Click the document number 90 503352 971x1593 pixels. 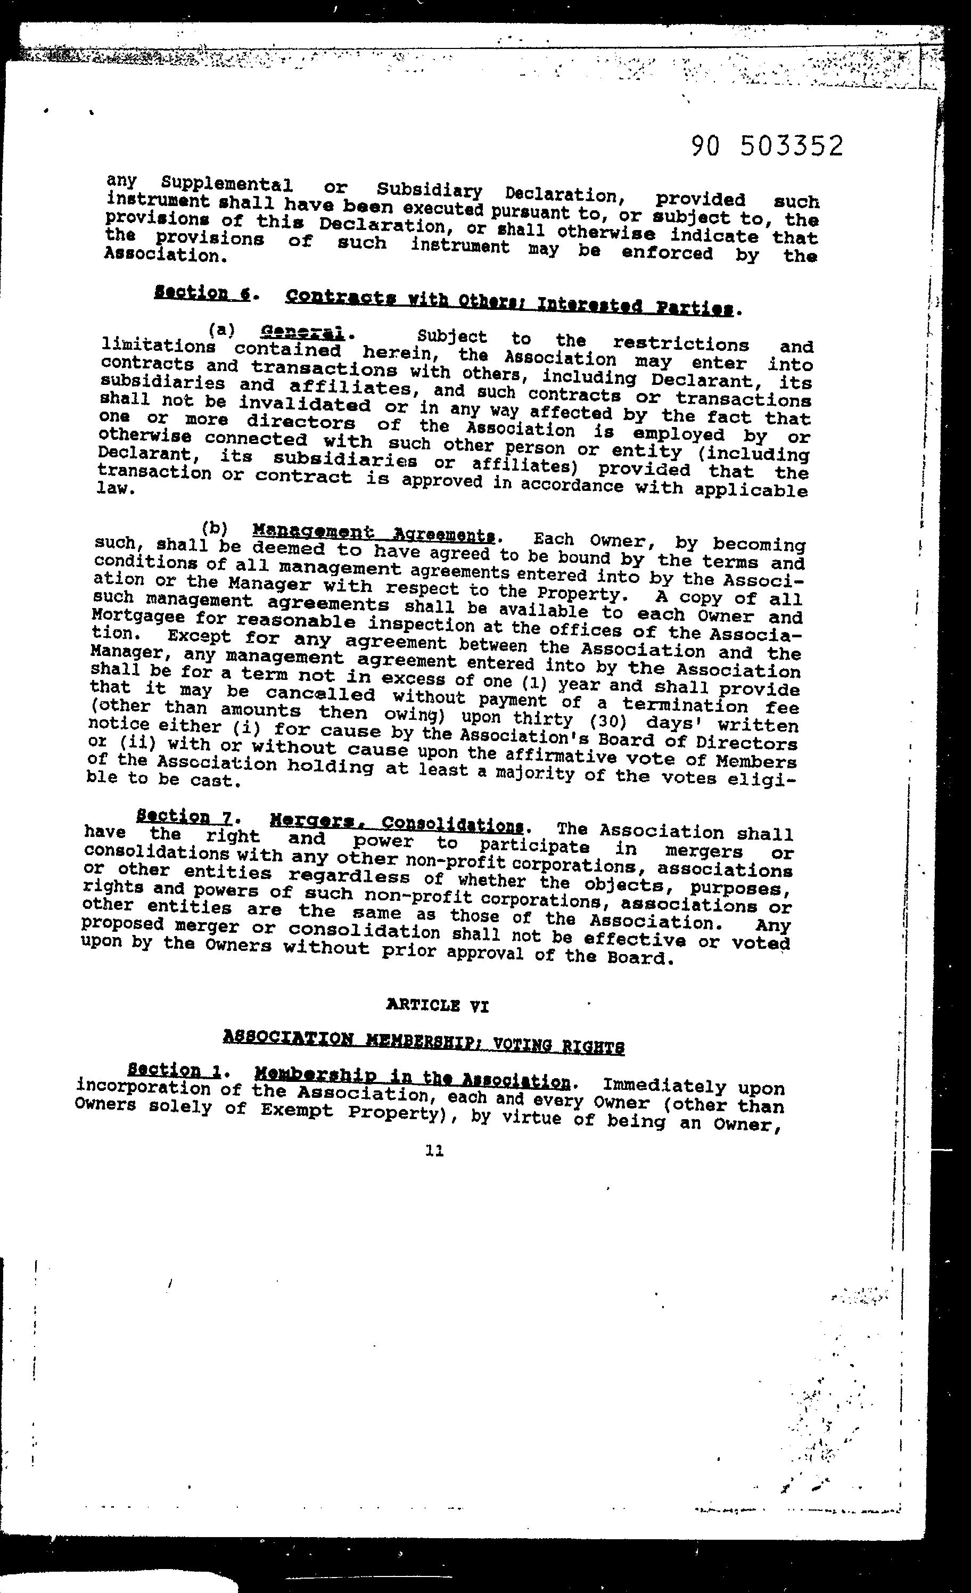[767, 146]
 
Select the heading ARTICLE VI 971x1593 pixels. [437, 1005]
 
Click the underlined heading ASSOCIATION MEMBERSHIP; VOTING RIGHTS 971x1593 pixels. [423, 1040]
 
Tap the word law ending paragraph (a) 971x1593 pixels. [114, 488]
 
